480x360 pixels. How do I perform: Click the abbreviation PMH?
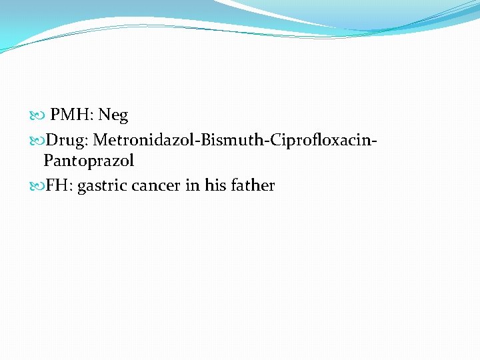point(71,115)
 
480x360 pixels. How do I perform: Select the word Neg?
point(113,116)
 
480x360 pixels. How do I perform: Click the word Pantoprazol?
point(89,161)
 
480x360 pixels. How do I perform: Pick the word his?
point(215,185)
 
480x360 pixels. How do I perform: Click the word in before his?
point(193,185)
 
